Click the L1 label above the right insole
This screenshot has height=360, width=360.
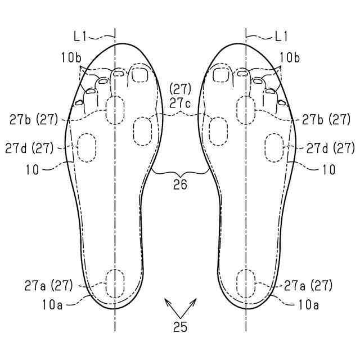coord(281,37)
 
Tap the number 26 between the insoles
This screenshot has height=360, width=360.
coord(181,184)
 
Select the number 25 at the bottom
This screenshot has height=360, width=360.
coord(181,327)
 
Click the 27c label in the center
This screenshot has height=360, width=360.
coord(181,103)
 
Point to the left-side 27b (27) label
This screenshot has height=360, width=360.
coord(35,119)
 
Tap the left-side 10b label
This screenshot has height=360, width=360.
coord(72,57)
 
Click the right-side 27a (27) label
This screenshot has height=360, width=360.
coord(308,285)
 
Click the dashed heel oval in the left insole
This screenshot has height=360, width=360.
coord(115,282)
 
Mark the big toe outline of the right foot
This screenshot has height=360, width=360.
coord(220,74)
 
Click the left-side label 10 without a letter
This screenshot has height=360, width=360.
coord(33,168)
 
